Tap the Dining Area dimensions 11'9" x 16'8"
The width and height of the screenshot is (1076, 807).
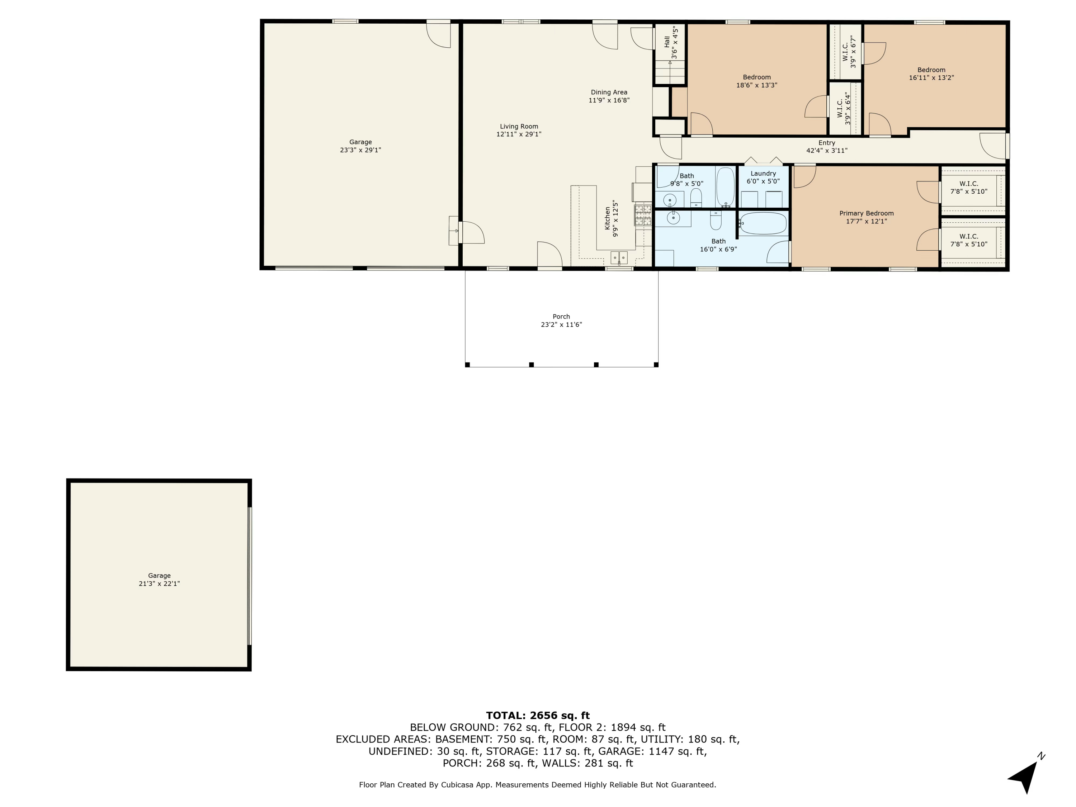pyautogui.click(x=609, y=100)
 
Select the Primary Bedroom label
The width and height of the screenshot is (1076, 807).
pyautogui.click(x=866, y=213)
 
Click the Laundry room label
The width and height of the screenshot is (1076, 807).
pyautogui.click(x=763, y=173)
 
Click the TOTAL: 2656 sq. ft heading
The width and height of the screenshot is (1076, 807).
pyautogui.click(x=538, y=715)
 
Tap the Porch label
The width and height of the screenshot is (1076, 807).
pyautogui.click(x=561, y=316)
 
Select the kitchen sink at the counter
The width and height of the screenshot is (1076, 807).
pyautogui.click(x=619, y=257)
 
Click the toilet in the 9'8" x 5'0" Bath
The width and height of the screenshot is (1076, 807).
pyautogui.click(x=695, y=197)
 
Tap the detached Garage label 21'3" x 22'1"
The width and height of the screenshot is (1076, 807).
pyautogui.click(x=159, y=579)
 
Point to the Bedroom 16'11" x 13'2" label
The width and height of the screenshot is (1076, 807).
pyautogui.click(x=931, y=70)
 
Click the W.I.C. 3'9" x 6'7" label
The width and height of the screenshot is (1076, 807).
pyautogui.click(x=849, y=52)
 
